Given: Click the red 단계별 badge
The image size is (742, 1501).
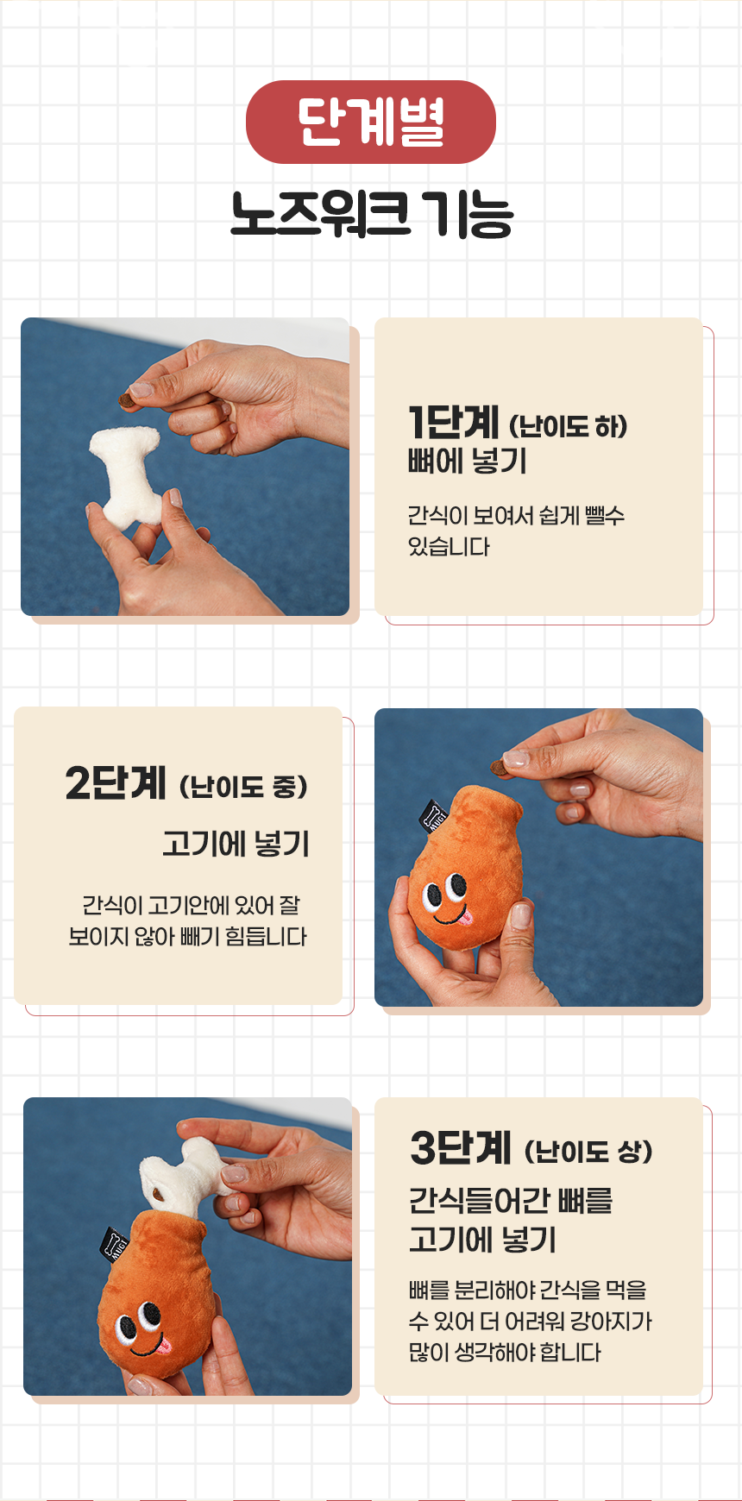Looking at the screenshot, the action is click(x=371, y=122).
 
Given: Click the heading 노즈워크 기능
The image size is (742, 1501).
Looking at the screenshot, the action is click(x=372, y=214).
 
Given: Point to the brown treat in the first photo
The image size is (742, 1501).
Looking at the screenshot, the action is click(x=126, y=401).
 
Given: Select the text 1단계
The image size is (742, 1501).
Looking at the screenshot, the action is click(x=454, y=422).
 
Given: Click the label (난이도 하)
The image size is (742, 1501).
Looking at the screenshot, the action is click(x=568, y=426).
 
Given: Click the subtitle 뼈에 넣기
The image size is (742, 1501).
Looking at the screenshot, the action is click(x=468, y=462).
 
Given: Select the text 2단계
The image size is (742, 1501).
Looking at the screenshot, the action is click(x=116, y=782).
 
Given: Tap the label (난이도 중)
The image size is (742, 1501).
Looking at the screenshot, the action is click(x=243, y=787).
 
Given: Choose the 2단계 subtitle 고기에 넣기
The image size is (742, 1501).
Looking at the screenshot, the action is click(x=236, y=843).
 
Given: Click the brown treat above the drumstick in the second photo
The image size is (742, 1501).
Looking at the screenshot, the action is click(x=499, y=767).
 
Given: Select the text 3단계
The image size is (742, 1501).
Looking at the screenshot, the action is click(x=461, y=1147).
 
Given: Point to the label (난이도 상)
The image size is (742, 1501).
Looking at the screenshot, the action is click(x=588, y=1152).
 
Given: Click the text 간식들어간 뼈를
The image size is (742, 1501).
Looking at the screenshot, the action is click(x=511, y=1200).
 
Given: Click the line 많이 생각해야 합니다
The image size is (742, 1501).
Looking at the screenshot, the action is click(x=505, y=1352).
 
